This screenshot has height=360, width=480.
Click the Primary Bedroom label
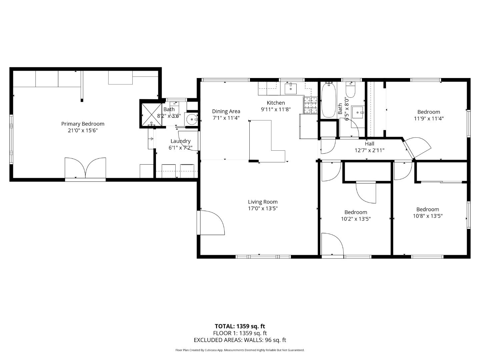(x=83, y=124)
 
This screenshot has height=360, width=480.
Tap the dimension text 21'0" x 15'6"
(x=83, y=131)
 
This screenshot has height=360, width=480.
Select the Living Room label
(x=263, y=202)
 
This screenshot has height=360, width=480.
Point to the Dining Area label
(x=226, y=111)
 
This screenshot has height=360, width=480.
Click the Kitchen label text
(x=276, y=103)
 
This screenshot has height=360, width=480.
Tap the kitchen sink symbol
(x=291, y=89)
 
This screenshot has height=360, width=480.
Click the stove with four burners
(x=310, y=105)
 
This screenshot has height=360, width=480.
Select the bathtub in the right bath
(x=329, y=100)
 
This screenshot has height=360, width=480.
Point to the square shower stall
(x=152, y=114)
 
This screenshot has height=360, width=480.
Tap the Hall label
(x=369, y=144)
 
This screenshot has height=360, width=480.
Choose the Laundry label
(x=180, y=141)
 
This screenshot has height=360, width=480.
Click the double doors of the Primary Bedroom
(x=85, y=168)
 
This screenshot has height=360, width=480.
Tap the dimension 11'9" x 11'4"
(x=429, y=118)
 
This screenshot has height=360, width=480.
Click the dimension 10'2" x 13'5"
(x=356, y=219)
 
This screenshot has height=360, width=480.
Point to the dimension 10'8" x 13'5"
(x=427, y=216)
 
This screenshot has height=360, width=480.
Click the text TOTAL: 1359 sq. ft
(x=240, y=326)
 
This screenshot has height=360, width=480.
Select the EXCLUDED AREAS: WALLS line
(x=240, y=340)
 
